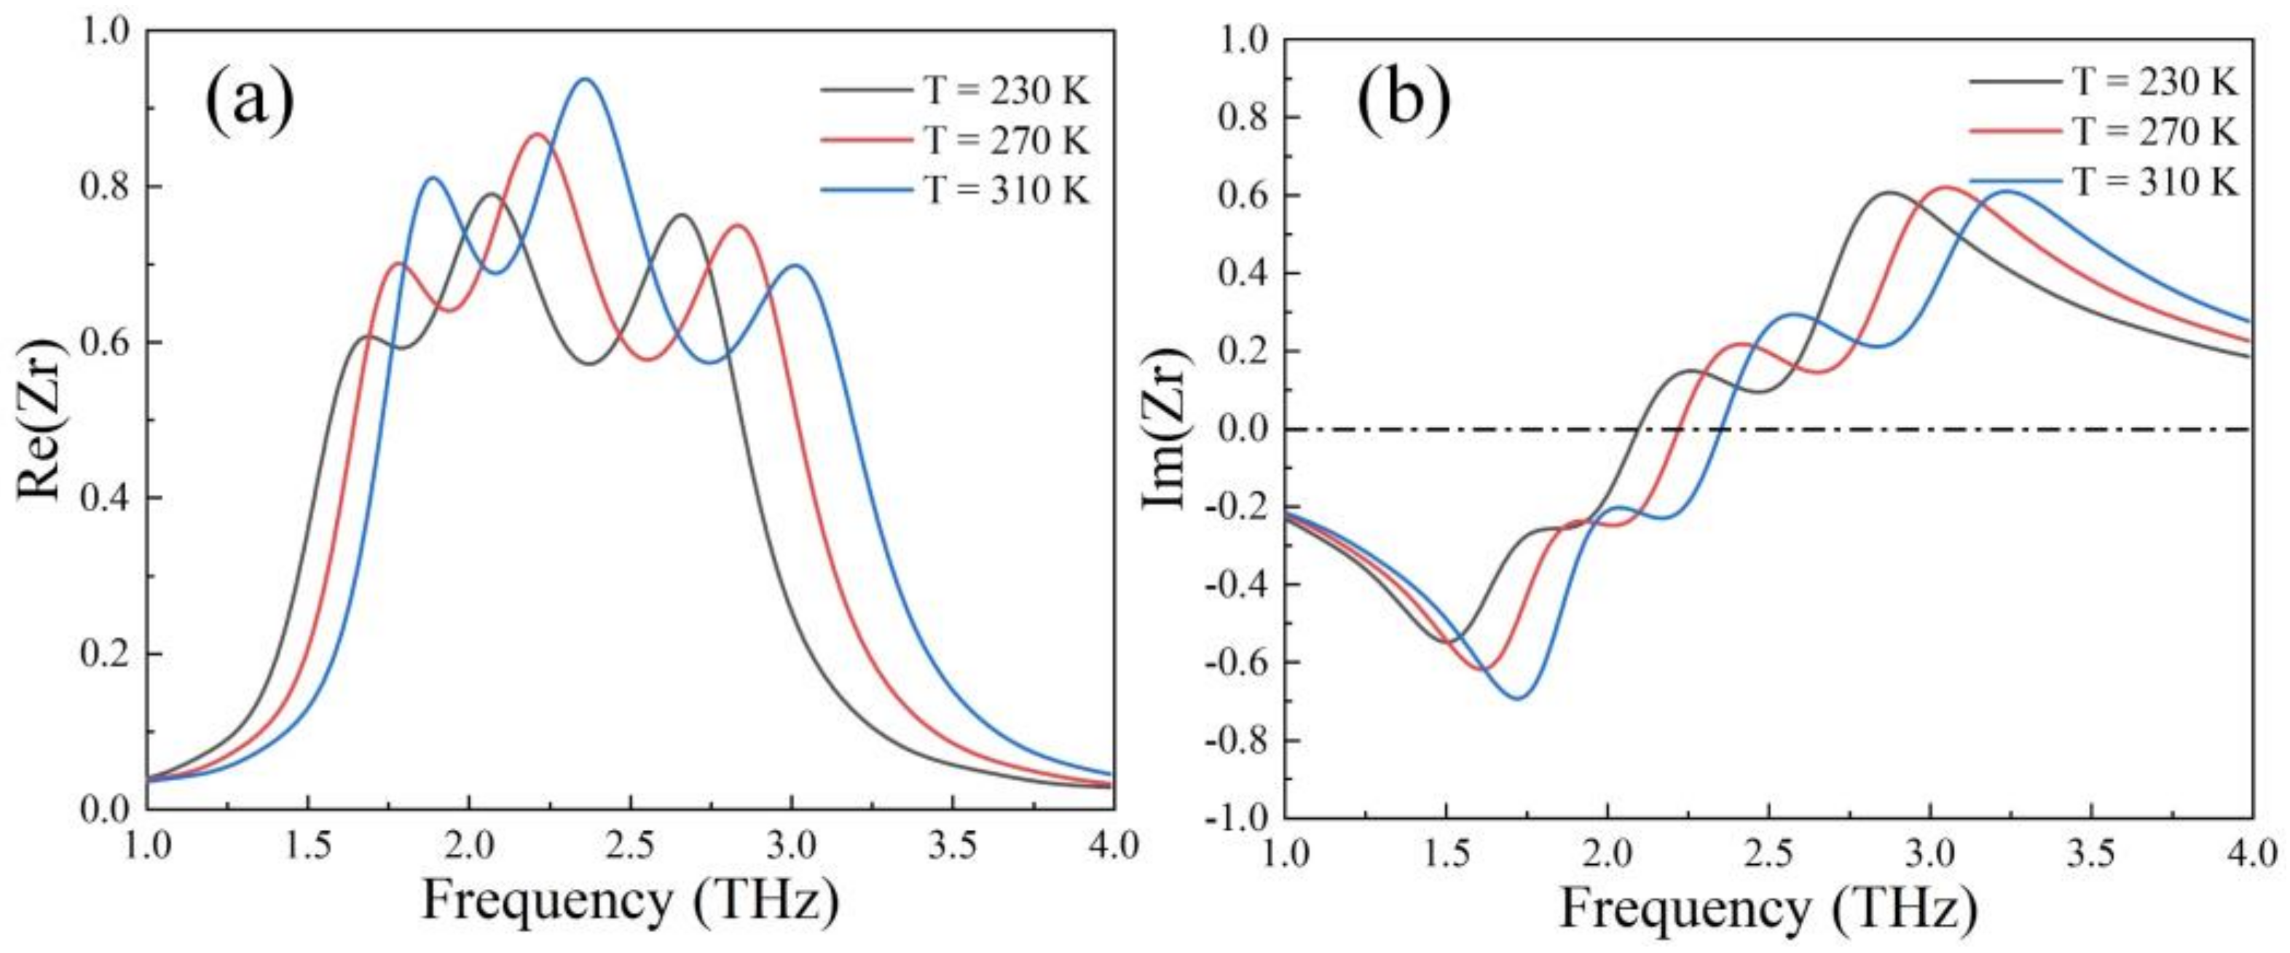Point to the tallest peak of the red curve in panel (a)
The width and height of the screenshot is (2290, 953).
(537, 134)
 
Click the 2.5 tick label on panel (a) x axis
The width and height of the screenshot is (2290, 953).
(630, 844)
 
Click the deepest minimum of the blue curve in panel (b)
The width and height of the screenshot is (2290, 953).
(1516, 698)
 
